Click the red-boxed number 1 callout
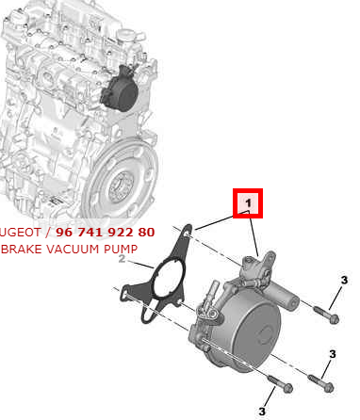(247, 203)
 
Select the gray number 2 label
(122, 260)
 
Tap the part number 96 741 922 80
(106, 232)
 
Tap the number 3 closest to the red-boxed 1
(344, 280)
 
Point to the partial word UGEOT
(21, 232)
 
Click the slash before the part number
(48, 232)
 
